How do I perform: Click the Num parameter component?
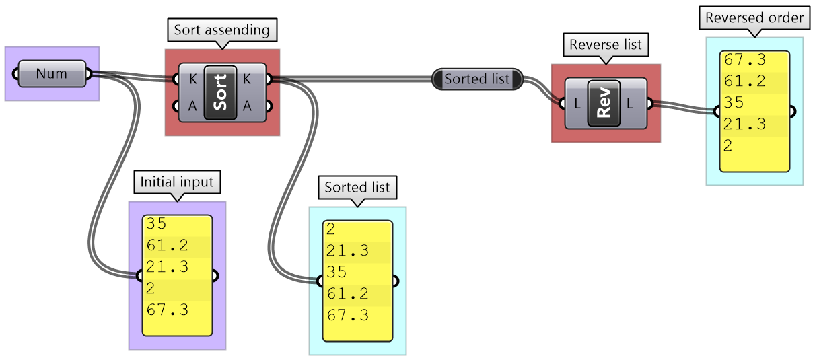(52, 73)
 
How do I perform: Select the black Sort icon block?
(220, 92)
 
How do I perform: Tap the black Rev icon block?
(604, 103)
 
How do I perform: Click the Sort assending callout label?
(221, 30)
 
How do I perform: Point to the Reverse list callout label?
(606, 46)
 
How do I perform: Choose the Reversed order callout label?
(754, 18)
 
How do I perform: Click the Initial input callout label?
(177, 182)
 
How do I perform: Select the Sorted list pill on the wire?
(477, 79)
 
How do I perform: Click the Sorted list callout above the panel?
(357, 187)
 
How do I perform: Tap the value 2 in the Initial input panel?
(150, 289)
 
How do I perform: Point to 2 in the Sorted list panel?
(330, 229)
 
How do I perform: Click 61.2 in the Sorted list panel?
(347, 293)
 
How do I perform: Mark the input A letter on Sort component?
(193, 106)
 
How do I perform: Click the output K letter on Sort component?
(247, 79)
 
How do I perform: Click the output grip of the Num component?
(89, 73)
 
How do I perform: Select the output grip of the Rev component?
(649, 103)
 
